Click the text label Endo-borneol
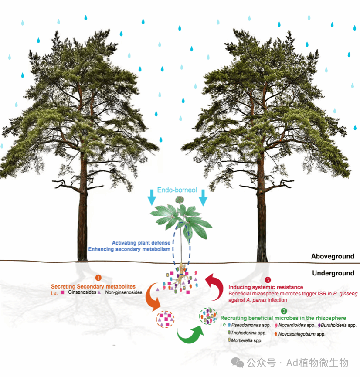[177, 190]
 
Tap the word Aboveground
[333, 256]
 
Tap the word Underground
[333, 273]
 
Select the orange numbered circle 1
[98, 278]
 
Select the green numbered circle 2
[284, 311]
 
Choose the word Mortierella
[245, 340]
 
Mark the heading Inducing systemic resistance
[265, 287]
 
